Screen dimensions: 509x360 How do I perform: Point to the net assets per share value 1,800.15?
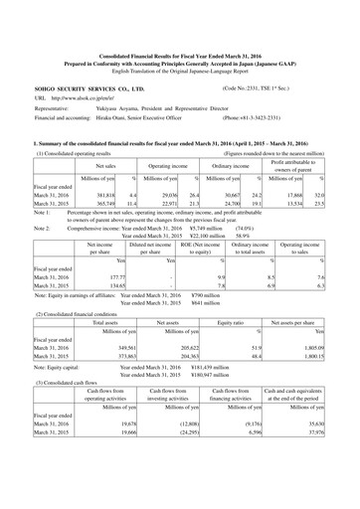pyautogui.click(x=325, y=355)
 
